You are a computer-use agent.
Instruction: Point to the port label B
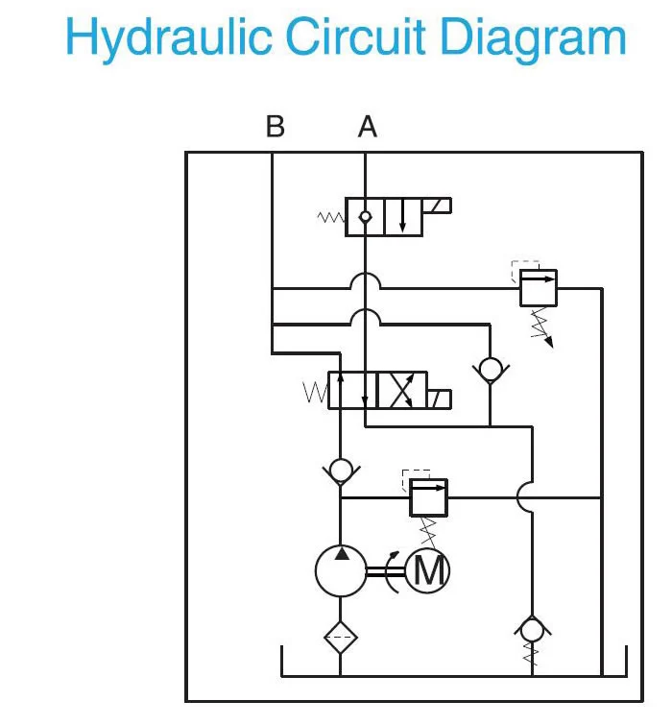[275, 127]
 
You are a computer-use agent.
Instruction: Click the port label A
[367, 127]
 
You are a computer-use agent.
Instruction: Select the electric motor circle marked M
[427, 571]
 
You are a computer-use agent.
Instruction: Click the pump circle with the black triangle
[341, 570]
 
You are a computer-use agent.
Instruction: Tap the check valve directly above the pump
[341, 471]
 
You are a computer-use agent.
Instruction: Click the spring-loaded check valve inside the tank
[530, 631]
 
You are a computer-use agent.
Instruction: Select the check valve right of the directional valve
[490, 368]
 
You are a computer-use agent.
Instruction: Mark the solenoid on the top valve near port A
[437, 205]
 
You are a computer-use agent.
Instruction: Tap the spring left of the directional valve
[315, 392]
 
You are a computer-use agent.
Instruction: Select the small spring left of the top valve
[331, 218]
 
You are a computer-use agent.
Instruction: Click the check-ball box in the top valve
[365, 217]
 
